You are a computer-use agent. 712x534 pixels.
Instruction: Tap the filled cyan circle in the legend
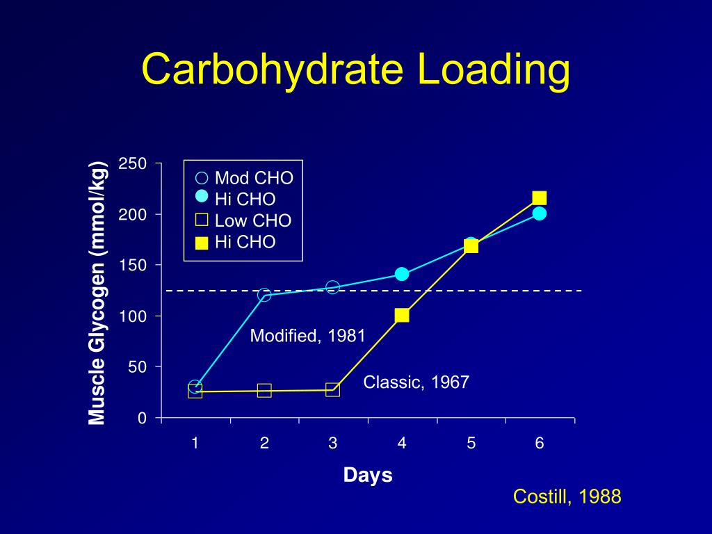coord(202,197)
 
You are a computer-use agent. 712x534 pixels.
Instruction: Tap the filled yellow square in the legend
coord(202,243)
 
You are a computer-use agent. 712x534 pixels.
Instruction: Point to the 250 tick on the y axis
coord(133,164)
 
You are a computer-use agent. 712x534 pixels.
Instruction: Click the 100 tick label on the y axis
coord(133,316)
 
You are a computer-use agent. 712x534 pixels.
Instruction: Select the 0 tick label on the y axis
coord(142,418)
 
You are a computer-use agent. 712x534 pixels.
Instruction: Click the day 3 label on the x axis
coord(333,443)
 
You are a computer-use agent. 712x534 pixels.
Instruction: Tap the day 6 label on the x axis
coord(540,443)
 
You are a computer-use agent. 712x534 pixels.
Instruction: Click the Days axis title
coord(368,476)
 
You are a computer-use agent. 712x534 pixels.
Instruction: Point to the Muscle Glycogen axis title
coord(97,292)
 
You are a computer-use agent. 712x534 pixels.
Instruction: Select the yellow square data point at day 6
coord(540,198)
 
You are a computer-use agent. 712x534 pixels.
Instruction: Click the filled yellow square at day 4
coord(402,315)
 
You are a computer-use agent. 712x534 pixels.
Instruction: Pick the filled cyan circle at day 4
coord(402,274)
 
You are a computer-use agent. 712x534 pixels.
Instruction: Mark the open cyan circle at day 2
coord(264,295)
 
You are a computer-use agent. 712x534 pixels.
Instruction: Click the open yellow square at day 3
coord(333,390)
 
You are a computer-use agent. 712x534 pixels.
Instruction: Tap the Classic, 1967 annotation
coord(416,382)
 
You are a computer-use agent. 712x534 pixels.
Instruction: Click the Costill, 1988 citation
coord(567,496)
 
